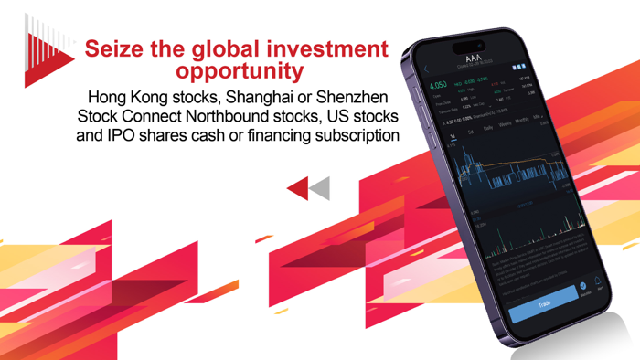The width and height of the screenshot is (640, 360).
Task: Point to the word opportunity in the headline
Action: point(240,71)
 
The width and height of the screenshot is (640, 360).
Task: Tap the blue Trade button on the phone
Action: point(545,302)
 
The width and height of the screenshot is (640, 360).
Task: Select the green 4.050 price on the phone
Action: point(438,85)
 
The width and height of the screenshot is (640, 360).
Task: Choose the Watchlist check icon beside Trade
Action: point(583,287)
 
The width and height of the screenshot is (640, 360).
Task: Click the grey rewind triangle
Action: point(319,188)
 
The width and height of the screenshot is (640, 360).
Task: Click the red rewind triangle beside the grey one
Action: point(298,188)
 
